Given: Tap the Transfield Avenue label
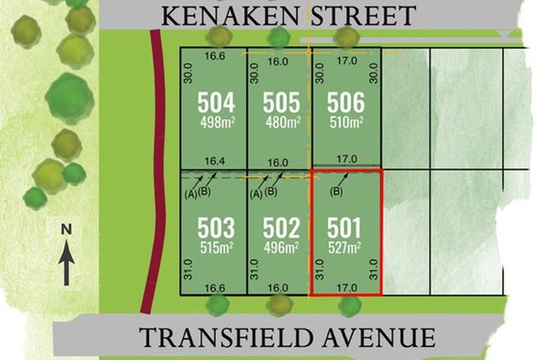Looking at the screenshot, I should [287, 337].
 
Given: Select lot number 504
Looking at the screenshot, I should [216, 103].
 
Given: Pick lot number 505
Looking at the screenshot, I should [280, 103].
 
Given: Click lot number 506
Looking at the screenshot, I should [345, 103].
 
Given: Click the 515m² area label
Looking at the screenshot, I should [216, 246].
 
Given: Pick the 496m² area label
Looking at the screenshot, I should [280, 246].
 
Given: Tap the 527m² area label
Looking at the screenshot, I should [345, 246].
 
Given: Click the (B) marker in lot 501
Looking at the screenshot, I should [337, 193].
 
